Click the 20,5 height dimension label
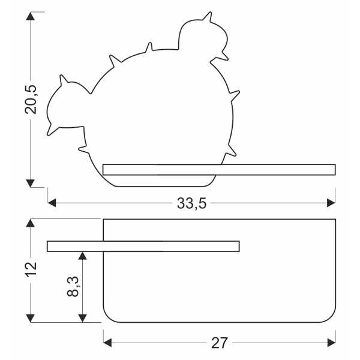coord(31,100)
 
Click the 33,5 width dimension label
coord(191,203)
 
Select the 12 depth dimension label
coord(31,269)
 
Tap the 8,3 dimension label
coord(73,287)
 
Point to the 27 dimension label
coord(220,343)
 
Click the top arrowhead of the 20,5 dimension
coord(31,16)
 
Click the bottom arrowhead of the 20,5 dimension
coord(31,183)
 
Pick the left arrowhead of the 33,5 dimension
coord(52,203)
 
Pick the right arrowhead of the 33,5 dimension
coord(331,203)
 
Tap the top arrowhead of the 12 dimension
coord(31,223)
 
